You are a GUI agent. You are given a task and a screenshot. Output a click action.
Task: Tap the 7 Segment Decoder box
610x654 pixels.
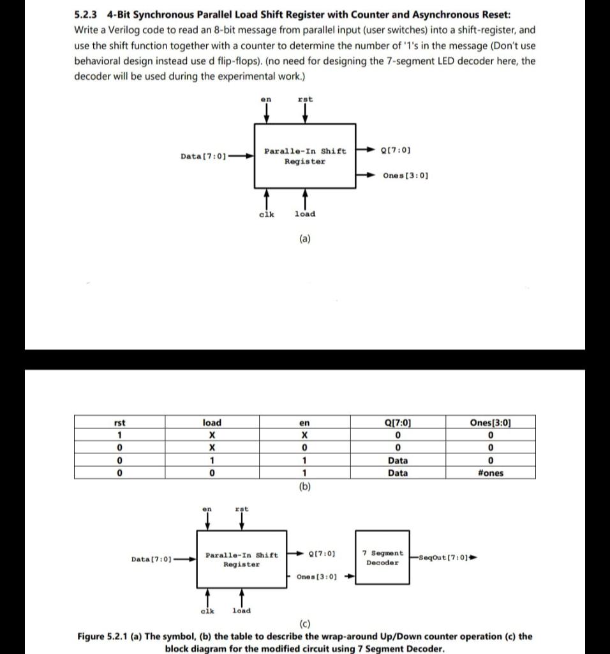[382, 558]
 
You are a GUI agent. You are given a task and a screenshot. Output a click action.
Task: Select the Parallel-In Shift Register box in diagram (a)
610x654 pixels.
[305, 156]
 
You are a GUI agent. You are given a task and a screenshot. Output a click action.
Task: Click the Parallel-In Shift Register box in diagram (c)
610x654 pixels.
[242, 559]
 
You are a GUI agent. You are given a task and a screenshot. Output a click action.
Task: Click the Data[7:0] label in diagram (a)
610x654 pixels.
[204, 156]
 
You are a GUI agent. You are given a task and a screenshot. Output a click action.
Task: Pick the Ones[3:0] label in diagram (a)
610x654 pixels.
[405, 175]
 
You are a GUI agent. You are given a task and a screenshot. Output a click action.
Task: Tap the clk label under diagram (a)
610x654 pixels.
[266, 214]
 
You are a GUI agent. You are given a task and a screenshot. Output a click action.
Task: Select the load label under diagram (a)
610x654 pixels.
[304, 214]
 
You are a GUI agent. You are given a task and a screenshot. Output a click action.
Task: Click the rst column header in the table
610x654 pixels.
[119, 422]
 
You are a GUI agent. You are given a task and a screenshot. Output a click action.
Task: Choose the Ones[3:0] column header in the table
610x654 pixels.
[490, 422]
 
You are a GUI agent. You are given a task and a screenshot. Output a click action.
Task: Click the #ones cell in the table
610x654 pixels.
[490, 473]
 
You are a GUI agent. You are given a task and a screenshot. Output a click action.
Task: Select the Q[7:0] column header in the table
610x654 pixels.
[398, 422]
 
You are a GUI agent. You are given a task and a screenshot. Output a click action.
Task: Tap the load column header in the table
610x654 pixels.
[212, 422]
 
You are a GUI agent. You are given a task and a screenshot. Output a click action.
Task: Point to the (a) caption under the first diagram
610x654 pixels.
[304, 239]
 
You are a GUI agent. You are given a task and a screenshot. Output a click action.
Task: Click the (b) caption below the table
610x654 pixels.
[304, 486]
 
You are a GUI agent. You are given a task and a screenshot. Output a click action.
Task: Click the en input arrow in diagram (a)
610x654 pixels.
[267, 114]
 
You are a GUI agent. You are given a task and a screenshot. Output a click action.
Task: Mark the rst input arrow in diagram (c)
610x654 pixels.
[242, 521]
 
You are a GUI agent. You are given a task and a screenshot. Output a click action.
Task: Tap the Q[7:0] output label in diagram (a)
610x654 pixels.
[395, 150]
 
